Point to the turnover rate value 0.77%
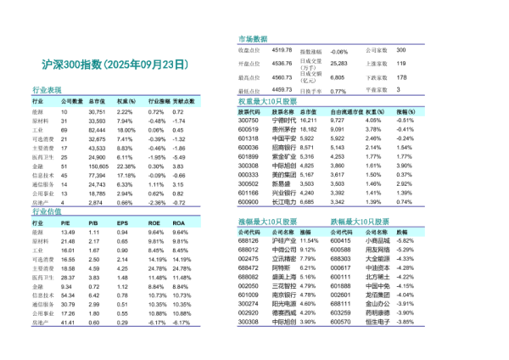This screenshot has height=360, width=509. (338, 90)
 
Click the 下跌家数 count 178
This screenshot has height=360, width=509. (402, 76)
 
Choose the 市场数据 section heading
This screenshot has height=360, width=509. (252, 40)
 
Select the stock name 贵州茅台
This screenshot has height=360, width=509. (284, 129)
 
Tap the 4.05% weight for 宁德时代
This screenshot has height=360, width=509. (373, 121)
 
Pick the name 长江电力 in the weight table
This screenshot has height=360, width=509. (284, 203)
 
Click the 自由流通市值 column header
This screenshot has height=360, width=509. (347, 111)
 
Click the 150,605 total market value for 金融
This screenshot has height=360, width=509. (97, 168)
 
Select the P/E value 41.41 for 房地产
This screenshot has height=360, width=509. (69, 323)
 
